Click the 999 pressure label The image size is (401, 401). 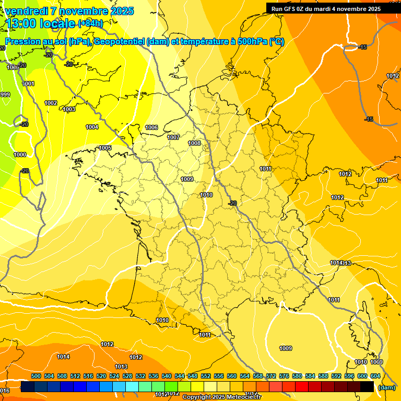(5, 95)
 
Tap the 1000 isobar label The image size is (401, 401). (20, 155)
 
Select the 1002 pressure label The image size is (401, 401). (51, 103)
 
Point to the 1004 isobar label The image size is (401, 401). (92, 127)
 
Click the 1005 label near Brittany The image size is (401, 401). (105, 148)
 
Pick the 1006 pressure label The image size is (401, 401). (151, 127)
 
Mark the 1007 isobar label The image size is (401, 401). (173, 137)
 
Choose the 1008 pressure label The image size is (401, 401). (194, 143)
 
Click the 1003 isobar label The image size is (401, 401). (69, 109)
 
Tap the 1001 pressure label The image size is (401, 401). (28, 84)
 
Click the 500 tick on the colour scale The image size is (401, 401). (36, 376)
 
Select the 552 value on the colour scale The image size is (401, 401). (206, 376)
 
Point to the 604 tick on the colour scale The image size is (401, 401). (375, 376)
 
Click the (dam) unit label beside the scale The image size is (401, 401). (386, 387)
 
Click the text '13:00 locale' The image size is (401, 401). (41, 23)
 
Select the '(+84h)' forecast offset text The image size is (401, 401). (90, 23)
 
